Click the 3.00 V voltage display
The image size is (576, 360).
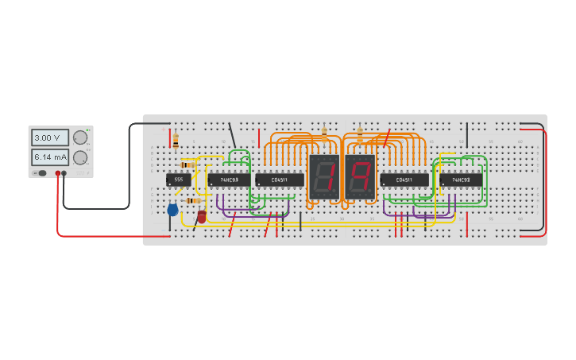point(49,137)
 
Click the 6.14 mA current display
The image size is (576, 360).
point(49,157)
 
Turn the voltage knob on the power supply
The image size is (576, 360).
point(79,137)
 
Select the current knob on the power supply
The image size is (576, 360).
point(79,157)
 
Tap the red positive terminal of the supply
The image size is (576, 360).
point(58,172)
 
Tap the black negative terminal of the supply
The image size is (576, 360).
point(64,172)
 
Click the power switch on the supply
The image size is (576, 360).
point(41,172)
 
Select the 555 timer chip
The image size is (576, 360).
point(178,180)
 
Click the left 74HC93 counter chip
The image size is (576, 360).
point(230,180)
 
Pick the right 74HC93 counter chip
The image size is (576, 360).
point(461,180)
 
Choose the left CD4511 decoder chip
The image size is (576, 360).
point(280,180)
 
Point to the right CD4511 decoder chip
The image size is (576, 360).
point(404,180)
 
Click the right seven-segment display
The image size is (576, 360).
point(360,176)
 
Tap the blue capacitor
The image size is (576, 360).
point(172,210)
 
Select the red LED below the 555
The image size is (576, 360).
point(202,215)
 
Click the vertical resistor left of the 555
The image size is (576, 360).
point(176,141)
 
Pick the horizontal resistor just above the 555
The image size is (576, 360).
point(187,165)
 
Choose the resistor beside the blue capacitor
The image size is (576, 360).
point(193,201)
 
